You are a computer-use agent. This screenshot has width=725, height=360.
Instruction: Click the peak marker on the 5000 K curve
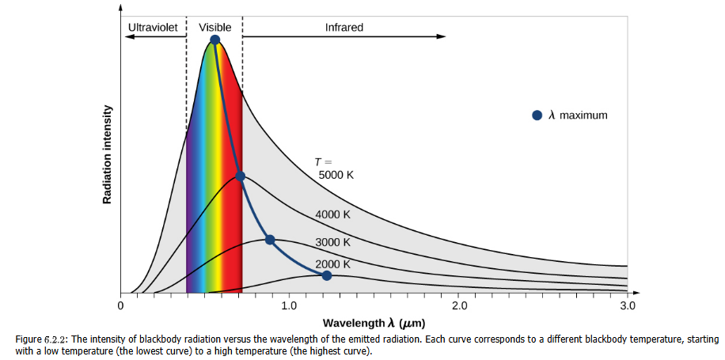tap(215, 40)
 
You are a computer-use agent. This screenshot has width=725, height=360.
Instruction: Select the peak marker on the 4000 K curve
tap(241, 176)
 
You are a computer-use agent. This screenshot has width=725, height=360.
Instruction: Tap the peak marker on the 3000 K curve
tap(270, 240)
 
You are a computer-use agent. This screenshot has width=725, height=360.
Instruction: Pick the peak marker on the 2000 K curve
tap(326, 275)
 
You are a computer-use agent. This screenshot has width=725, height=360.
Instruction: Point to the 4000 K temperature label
tap(332, 214)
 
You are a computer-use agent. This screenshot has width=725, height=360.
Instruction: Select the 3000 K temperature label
tap(332, 242)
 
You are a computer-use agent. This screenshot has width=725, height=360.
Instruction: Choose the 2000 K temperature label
tap(332, 264)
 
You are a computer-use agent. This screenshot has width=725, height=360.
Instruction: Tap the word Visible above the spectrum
tap(214, 27)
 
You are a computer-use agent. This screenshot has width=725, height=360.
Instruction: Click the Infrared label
tap(344, 27)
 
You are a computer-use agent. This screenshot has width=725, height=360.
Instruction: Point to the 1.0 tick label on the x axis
tap(289, 305)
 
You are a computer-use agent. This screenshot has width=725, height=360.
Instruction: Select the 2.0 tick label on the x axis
tap(459, 305)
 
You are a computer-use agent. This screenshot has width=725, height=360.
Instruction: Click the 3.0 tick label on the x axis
tap(628, 305)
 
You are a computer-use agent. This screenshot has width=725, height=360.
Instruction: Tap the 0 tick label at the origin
tap(120, 305)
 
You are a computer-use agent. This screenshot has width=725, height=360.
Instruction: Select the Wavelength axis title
tap(374, 324)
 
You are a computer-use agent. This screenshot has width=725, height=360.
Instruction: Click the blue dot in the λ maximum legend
tap(537, 116)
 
